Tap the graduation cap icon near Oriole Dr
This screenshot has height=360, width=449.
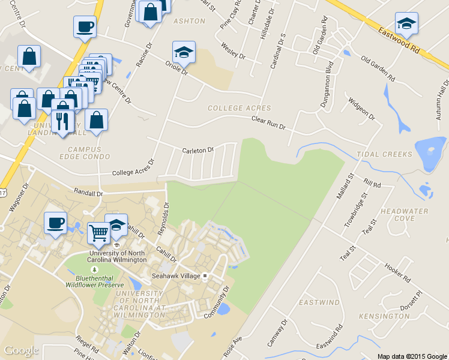click(184, 52)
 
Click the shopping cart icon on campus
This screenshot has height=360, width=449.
click(99, 232)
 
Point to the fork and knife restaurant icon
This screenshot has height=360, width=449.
click(62, 122)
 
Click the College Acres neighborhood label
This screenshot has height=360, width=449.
click(239, 108)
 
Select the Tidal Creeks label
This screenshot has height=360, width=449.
click(385, 154)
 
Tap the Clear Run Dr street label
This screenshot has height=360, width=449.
click(268, 124)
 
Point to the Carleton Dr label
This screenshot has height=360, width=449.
click(197, 151)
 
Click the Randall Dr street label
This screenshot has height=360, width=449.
click(88, 193)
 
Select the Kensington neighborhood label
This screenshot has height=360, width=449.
click(384, 316)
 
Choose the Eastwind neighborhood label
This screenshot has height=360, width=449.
click(319, 302)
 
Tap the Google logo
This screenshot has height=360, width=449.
click(22, 350)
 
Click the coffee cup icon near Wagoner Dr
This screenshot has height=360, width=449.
click(55, 223)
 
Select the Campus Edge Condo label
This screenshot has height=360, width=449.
click(88, 153)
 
